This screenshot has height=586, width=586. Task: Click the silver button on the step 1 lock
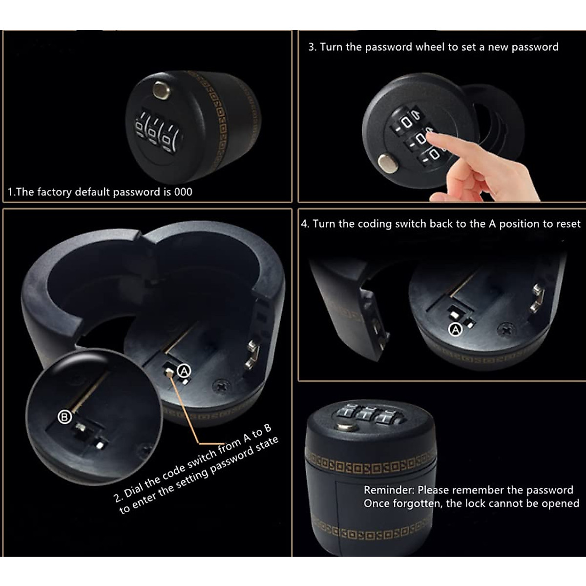pos(159,90)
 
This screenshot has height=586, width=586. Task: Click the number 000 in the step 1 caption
pos(183,192)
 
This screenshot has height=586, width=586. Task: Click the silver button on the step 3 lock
pos(388,163)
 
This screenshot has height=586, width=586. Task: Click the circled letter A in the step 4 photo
pos(455,330)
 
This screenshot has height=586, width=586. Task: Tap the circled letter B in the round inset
pos(65,417)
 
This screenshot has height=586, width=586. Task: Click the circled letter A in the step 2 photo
pos(184,371)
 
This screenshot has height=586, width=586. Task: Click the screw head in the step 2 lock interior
pos(221,386)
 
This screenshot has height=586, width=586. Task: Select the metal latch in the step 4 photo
pos(538,299)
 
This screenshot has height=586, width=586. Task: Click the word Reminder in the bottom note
pos(388,490)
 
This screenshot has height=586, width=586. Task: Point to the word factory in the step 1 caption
pos(54,192)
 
